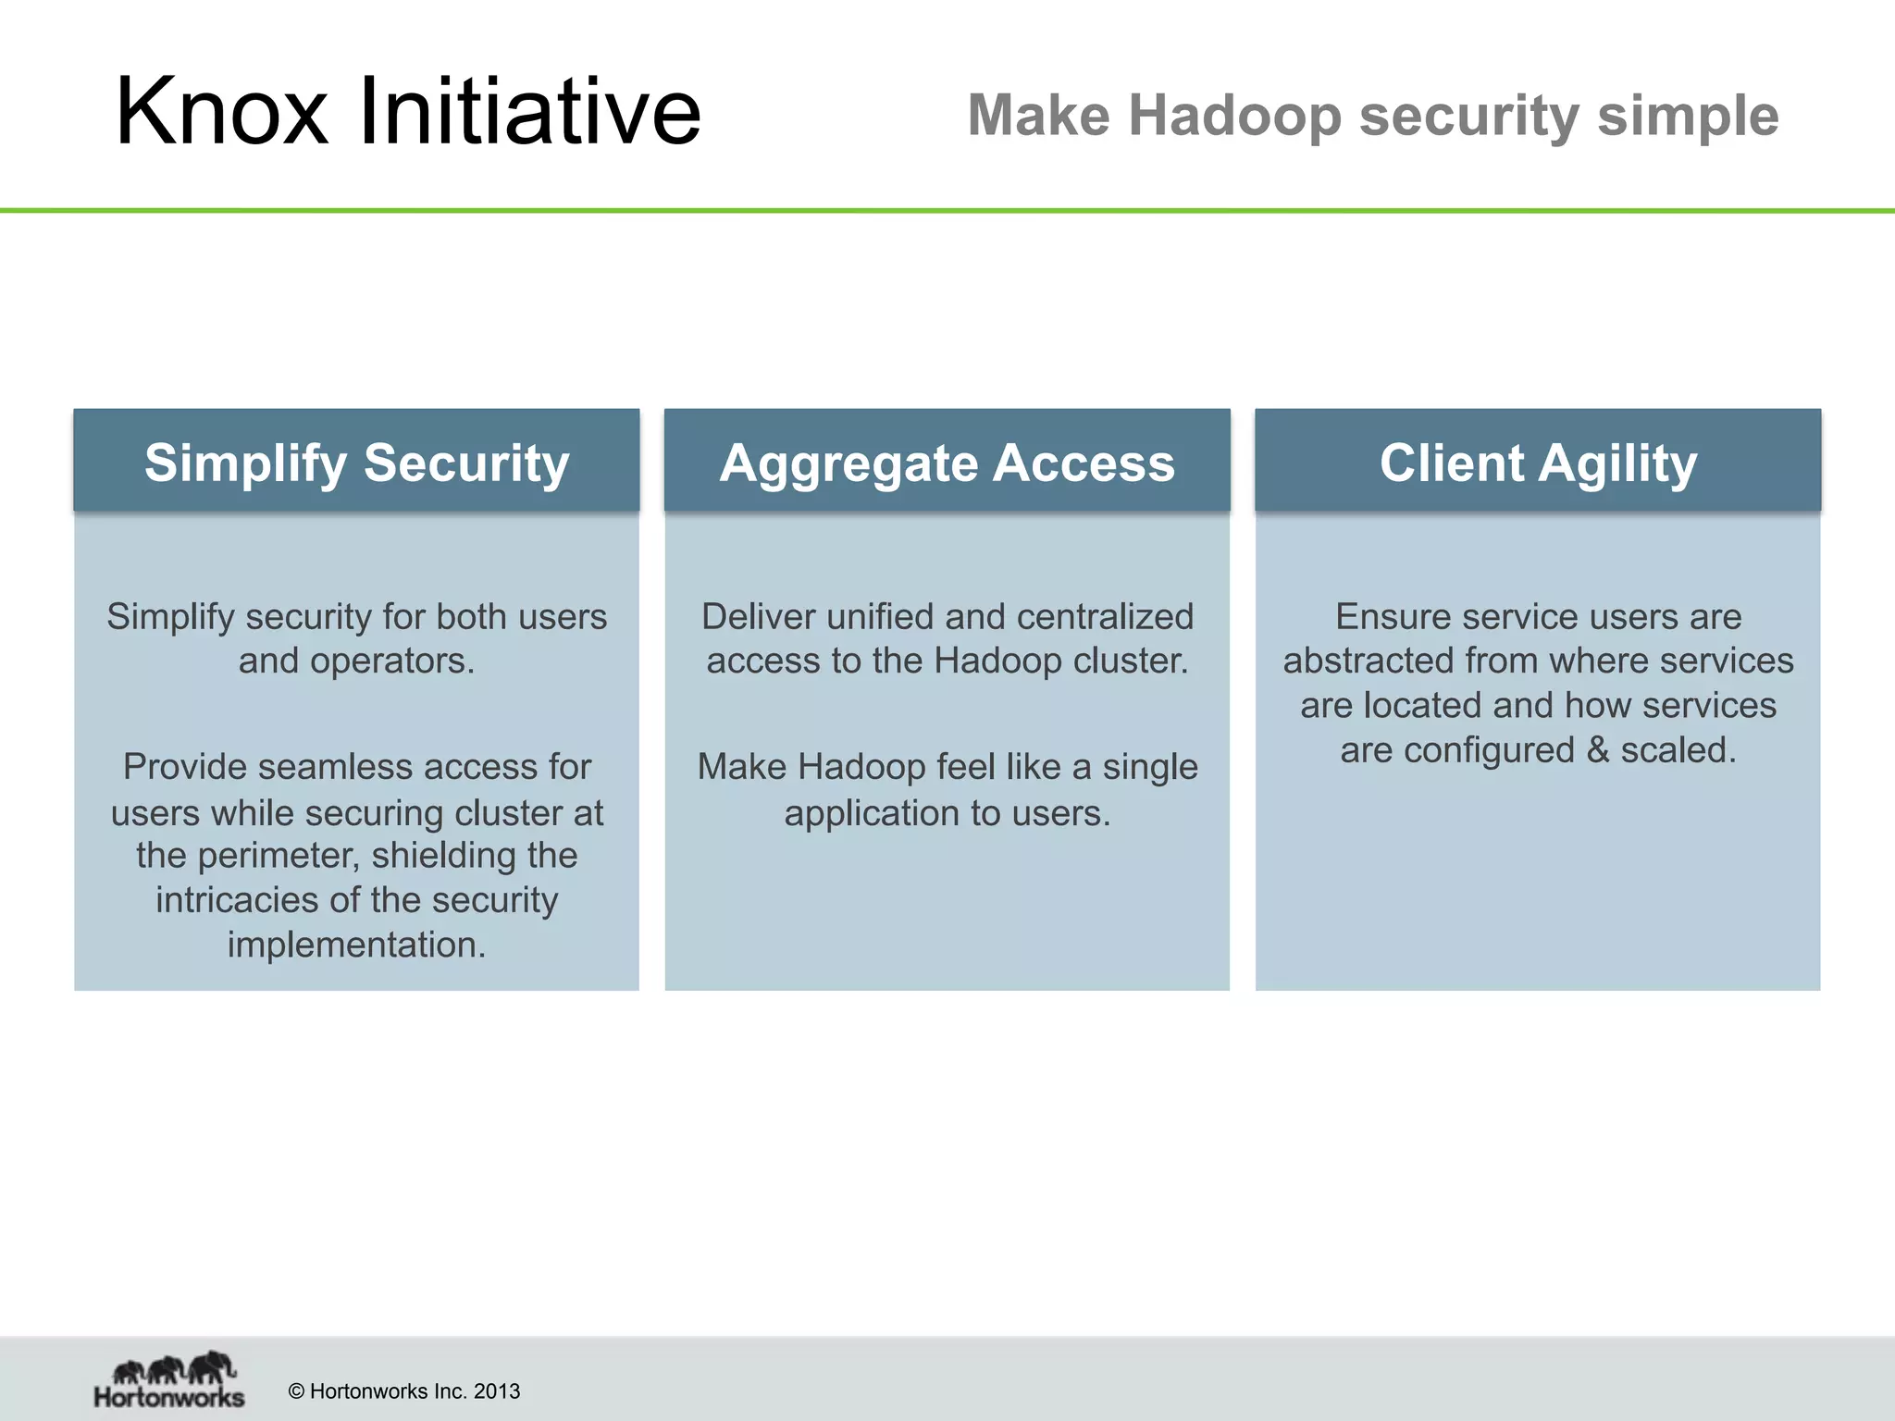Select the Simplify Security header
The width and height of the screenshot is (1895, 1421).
(356, 462)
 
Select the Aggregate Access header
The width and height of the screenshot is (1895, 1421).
(947, 462)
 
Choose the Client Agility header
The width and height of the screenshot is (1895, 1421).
(1538, 462)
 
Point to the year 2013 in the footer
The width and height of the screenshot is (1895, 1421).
(497, 1391)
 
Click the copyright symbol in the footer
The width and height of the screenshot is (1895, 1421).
(296, 1391)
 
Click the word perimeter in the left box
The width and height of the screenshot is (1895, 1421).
(278, 856)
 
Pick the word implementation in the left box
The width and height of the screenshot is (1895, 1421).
(356, 945)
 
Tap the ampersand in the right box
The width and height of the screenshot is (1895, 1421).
(1597, 750)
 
